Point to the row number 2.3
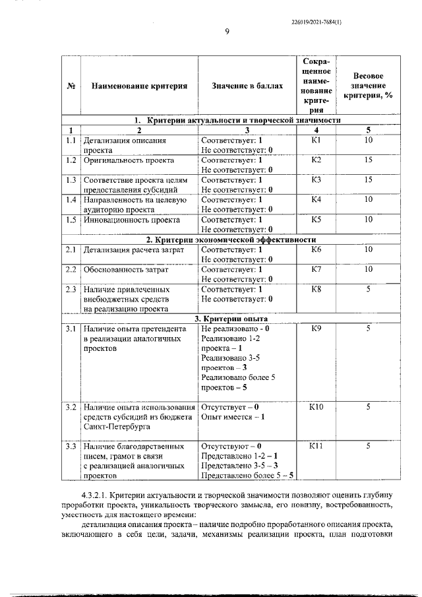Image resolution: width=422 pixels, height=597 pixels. pyautogui.click(x=71, y=289)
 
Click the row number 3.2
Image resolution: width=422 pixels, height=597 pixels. pyautogui.click(x=71, y=407)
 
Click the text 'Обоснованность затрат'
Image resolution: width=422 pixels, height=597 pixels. pyautogui.click(x=125, y=269)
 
